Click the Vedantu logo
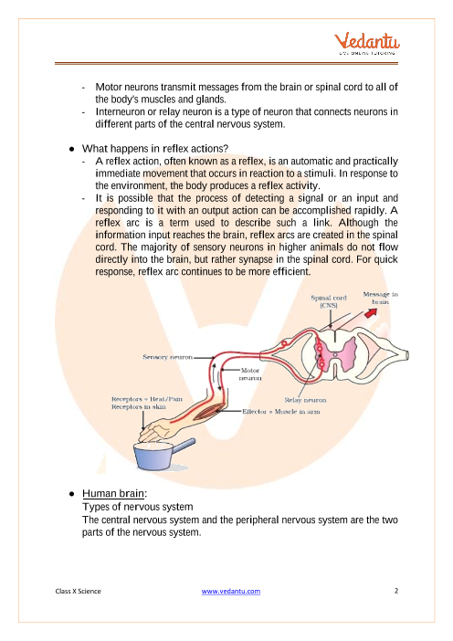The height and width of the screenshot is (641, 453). (367, 43)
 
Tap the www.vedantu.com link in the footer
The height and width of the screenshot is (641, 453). (230, 591)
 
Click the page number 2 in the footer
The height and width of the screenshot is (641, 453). (395, 591)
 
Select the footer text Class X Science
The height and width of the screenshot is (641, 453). (79, 591)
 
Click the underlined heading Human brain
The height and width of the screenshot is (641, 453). (113, 493)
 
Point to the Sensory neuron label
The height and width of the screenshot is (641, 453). (168, 357)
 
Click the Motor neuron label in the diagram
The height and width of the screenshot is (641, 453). (250, 374)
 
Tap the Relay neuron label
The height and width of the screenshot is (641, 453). (305, 400)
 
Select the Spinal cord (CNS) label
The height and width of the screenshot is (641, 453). (329, 301)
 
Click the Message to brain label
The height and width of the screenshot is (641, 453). (380, 298)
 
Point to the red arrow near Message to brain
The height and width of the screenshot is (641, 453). (371, 313)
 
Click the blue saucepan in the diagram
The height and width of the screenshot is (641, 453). (153, 457)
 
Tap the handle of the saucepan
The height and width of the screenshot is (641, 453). (184, 445)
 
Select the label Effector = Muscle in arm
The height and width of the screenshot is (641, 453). (281, 411)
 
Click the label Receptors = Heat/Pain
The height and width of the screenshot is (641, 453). (147, 399)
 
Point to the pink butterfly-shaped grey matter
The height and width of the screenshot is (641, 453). (335, 354)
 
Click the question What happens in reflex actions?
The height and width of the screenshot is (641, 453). (155, 149)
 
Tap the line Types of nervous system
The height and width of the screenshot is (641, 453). (137, 507)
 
